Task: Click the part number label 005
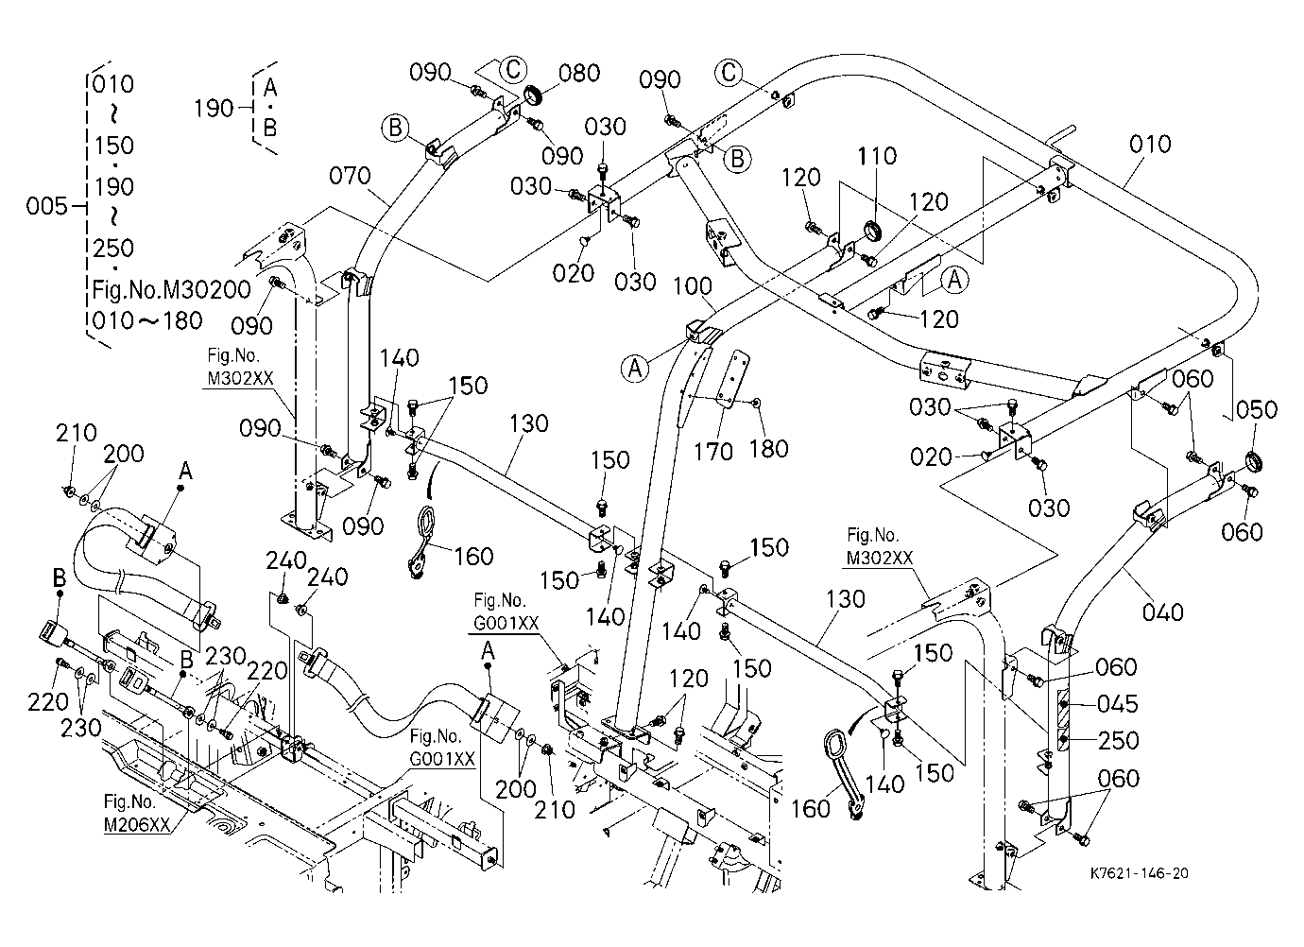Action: [x=46, y=206]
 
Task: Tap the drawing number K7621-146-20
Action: [x=1140, y=873]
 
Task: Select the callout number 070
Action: [x=350, y=176]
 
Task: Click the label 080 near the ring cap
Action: [x=579, y=74]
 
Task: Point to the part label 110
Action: [x=877, y=156]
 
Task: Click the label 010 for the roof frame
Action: [x=1150, y=144]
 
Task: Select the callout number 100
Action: [x=693, y=286]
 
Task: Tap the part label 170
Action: [x=713, y=452]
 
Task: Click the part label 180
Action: [x=768, y=449]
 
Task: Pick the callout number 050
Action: [x=1257, y=410]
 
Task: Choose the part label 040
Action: [x=1163, y=612]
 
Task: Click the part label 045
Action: [x=1118, y=704]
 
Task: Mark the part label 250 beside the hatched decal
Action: [x=1119, y=740]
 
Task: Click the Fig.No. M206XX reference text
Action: [x=137, y=813]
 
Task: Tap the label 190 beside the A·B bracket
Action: [x=214, y=109]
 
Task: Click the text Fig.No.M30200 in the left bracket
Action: [x=172, y=289]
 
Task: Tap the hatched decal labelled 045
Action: [x=1063, y=703]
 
